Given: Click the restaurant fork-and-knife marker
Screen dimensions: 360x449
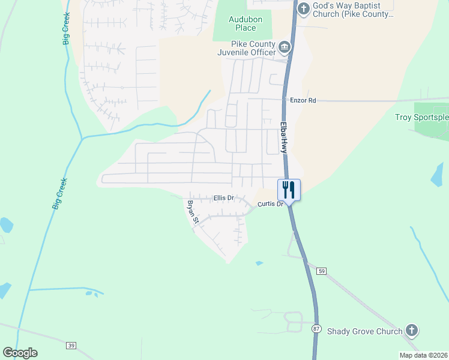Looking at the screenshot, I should point(289,190).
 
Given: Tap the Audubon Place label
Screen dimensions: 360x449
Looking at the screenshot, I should point(243,23).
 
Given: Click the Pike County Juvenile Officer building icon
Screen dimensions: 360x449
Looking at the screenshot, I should point(285,46).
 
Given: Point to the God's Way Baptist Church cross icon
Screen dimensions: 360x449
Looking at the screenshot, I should point(304,8).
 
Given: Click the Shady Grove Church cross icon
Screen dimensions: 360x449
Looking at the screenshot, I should point(411,330).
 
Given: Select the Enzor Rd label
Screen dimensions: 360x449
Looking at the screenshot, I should point(303,101).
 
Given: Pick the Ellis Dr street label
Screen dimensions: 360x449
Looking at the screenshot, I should point(223,197).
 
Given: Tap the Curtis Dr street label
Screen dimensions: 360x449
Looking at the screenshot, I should point(270,204).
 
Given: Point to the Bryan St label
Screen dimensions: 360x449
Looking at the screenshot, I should point(192,212).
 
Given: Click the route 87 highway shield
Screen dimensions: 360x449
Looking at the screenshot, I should point(316,329).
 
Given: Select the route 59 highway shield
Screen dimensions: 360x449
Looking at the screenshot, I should point(322,271).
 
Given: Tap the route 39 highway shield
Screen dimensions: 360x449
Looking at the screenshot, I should point(71,345).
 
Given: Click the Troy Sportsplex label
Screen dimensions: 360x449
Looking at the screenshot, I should point(421,118).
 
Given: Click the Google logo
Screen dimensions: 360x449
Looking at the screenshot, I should point(20,352).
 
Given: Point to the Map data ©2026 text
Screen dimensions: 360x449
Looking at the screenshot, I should point(423,355).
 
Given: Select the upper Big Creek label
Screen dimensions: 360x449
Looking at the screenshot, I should point(66,26).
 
